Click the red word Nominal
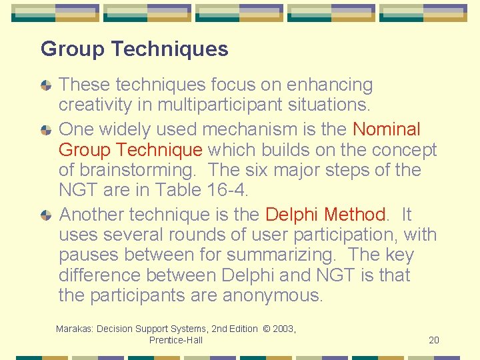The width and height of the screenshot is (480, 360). pyautogui.click(x=387, y=129)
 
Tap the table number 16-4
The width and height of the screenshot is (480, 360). pyautogui.click(x=229, y=190)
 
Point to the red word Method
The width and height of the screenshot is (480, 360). pyautogui.click(x=355, y=215)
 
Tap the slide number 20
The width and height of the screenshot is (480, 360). pyautogui.click(x=434, y=340)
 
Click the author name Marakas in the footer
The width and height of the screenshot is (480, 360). pyautogui.click(x=75, y=329)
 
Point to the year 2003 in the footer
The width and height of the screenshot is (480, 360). pyautogui.click(x=283, y=329)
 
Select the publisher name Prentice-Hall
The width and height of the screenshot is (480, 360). pyautogui.click(x=176, y=340)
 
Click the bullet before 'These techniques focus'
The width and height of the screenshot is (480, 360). pyautogui.click(x=45, y=86)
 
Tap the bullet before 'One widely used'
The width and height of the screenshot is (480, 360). pyautogui.click(x=45, y=130)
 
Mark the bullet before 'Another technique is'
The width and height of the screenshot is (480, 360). pyautogui.click(x=45, y=215)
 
